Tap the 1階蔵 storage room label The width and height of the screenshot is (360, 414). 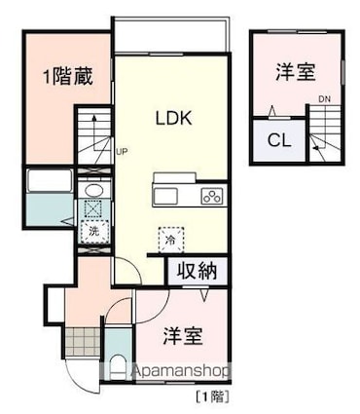67,76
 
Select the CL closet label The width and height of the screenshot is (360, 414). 279,140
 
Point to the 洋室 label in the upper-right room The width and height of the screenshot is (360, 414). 294,71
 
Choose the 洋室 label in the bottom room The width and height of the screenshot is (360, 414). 182,335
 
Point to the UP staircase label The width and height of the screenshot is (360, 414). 122,152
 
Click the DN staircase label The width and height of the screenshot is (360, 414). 324,97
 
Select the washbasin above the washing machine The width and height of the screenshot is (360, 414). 93,190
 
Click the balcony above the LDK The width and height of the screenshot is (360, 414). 171,37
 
